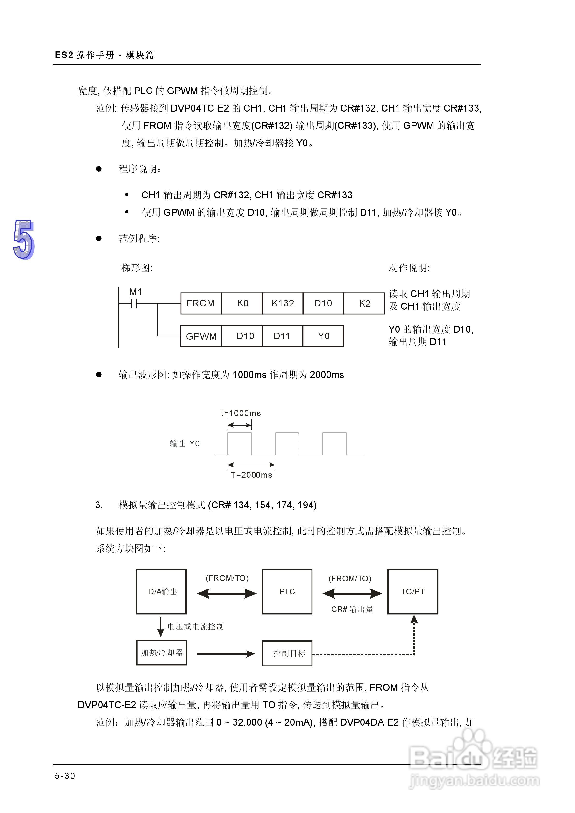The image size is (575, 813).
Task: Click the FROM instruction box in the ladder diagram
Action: click(x=201, y=303)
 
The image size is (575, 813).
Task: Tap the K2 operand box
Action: click(x=364, y=303)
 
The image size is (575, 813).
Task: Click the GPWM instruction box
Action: click(x=201, y=336)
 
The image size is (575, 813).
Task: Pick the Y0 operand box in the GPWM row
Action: click(x=323, y=336)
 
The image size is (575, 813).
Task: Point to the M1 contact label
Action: click(x=135, y=292)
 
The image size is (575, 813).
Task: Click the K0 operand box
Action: click(x=242, y=303)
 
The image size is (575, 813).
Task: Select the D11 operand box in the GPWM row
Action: click(x=282, y=336)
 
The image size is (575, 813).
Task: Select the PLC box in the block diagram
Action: click(x=287, y=592)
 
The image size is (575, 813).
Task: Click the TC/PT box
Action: click(x=412, y=592)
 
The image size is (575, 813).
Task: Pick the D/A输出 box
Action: click(x=162, y=592)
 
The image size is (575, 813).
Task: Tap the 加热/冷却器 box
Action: click(x=162, y=652)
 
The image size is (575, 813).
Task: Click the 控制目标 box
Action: click(x=287, y=653)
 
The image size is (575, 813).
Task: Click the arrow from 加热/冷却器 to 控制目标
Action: click(x=226, y=654)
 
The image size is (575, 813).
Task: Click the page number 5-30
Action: click(x=65, y=776)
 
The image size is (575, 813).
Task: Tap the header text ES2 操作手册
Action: click(x=84, y=55)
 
